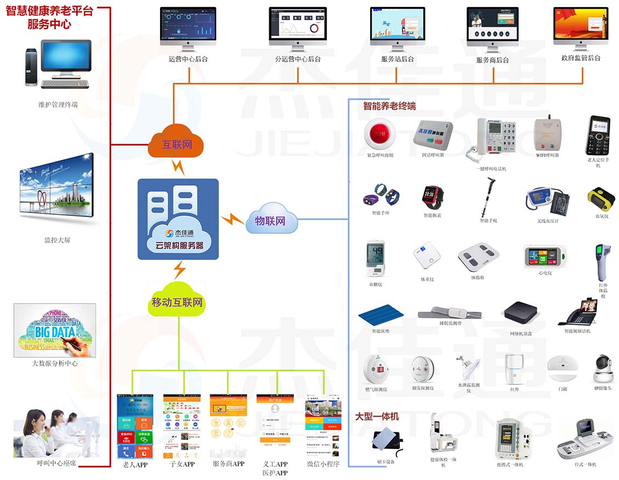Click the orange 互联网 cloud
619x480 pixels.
coord(175,144)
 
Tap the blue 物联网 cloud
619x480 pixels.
coord(271,220)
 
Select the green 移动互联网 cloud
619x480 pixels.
coord(177,301)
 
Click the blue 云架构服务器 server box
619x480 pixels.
coord(178,219)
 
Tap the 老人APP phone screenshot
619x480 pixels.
coord(134,426)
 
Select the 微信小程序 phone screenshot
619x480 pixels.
coord(322,426)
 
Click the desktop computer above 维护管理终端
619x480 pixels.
coord(58,65)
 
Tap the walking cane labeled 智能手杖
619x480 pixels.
coord(486,197)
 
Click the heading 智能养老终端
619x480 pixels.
coord(389,106)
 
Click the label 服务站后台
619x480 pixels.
coord(397,59)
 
